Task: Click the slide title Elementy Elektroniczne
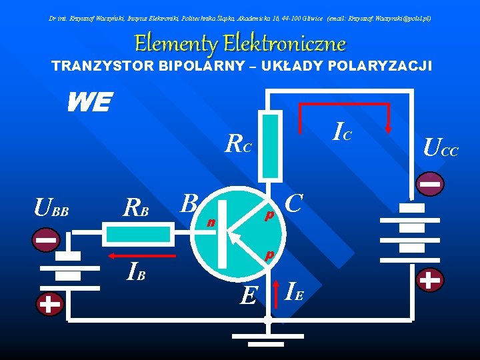point(240,43)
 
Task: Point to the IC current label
point(342,132)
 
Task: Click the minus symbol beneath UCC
point(431,183)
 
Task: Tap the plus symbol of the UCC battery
point(431,281)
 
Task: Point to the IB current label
point(135,273)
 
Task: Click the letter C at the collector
point(295,201)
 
